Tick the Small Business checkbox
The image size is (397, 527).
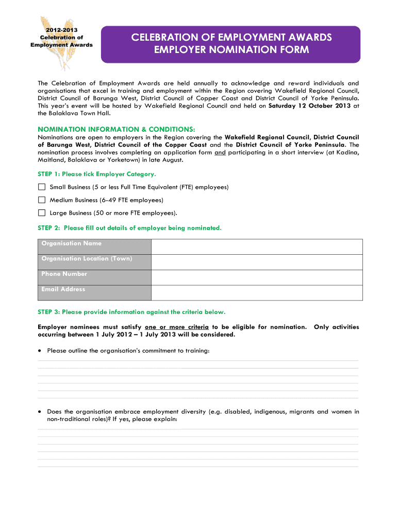click(42, 187)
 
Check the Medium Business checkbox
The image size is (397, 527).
click(42, 200)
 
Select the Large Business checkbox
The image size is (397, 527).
click(42, 213)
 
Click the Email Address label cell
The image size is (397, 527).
click(94, 293)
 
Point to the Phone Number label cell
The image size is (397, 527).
click(94, 277)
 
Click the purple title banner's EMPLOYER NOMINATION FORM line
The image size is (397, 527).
click(231, 50)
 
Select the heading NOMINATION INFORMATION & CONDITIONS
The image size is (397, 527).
click(117, 129)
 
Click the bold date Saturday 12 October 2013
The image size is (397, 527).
click(310, 106)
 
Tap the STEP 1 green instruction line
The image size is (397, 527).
click(97, 174)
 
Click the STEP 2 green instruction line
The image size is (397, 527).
click(129, 227)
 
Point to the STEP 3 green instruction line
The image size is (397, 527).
click(131, 312)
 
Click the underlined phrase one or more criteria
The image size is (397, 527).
click(177, 327)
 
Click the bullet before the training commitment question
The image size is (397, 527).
click(40, 350)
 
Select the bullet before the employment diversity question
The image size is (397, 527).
click(40, 412)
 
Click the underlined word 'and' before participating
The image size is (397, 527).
click(220, 152)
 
